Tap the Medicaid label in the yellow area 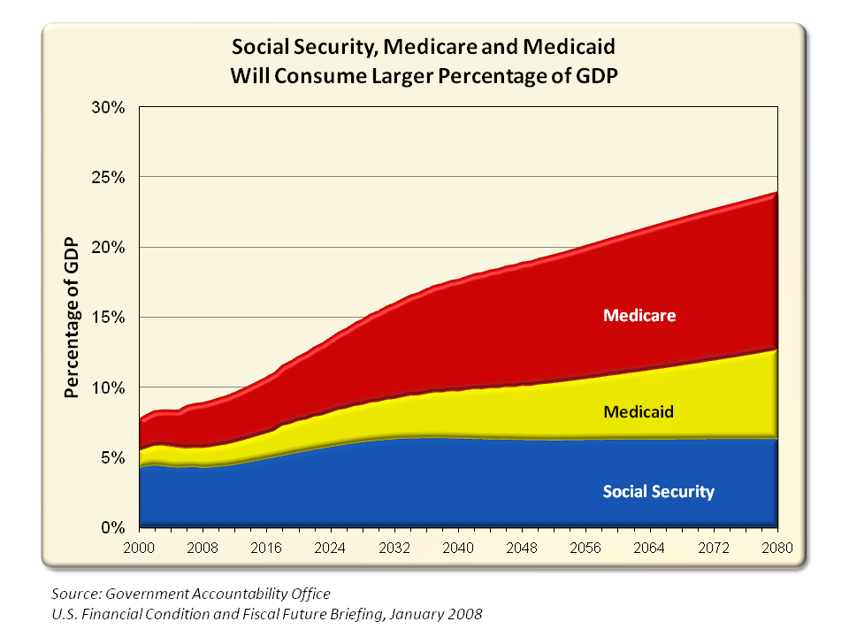[x=639, y=411]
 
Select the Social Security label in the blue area [x=658, y=491]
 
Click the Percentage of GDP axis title [x=73, y=318]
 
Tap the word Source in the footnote [x=73, y=594]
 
